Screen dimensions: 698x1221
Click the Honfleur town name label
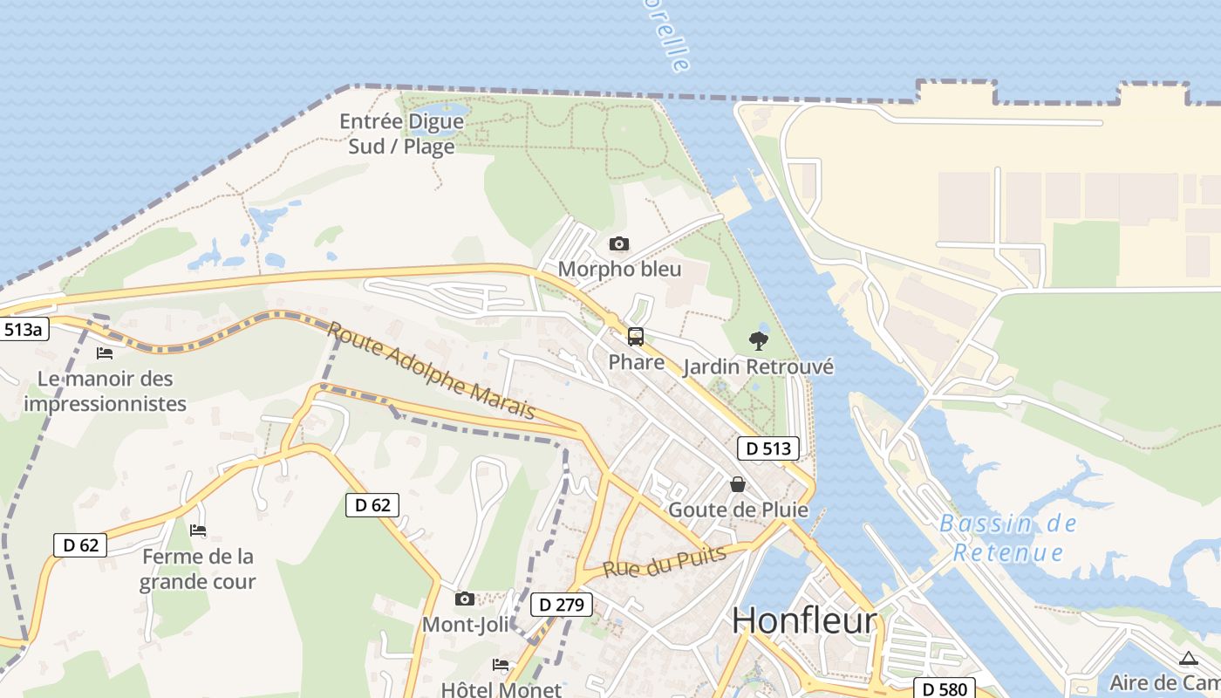804,621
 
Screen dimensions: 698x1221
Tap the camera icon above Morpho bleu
618,243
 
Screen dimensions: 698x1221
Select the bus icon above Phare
636,336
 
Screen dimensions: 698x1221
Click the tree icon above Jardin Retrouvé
758,340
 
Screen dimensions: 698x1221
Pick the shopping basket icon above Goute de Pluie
738,483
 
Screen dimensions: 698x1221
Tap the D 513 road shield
768,448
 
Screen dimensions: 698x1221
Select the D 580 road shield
944,689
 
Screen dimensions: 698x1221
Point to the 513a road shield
23,330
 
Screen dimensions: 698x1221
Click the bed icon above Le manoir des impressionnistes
105,353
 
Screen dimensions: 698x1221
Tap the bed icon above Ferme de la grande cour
198,530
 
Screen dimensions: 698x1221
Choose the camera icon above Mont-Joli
465,599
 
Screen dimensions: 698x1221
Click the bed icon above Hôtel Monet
501,665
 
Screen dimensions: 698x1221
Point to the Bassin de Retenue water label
1008,537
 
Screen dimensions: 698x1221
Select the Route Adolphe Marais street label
431,370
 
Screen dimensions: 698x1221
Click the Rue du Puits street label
665,562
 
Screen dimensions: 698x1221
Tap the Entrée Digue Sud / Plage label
401,133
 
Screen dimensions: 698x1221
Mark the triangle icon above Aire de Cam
1188,659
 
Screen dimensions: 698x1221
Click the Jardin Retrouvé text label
758,366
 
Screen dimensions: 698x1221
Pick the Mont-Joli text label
465,625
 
